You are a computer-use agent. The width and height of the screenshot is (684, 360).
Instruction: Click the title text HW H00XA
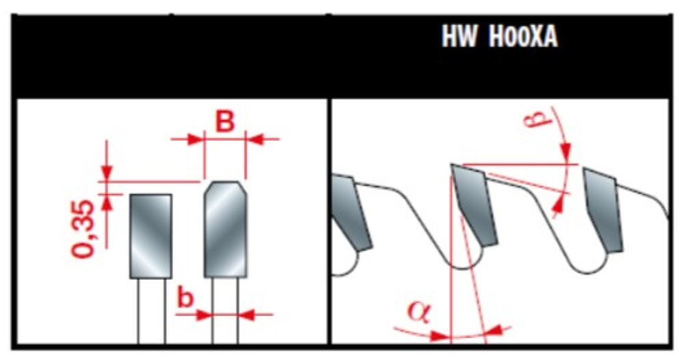[499, 36]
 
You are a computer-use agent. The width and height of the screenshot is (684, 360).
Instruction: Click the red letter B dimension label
[225, 121]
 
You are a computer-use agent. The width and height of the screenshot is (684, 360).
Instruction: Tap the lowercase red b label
[186, 298]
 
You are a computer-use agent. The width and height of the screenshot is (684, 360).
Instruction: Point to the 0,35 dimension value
[83, 229]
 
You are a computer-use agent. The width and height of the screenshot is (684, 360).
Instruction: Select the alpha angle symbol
[419, 313]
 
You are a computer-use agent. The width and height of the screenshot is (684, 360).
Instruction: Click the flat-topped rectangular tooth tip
[150, 236]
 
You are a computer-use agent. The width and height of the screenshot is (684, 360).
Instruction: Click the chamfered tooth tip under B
[226, 229]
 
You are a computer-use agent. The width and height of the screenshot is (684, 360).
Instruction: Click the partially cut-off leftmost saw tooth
[352, 212]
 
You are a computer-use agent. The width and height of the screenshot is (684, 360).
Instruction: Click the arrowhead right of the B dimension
[254, 139]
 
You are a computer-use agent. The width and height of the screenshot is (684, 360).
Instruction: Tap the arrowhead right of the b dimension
[247, 314]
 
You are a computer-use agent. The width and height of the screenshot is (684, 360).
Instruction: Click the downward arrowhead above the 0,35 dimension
[107, 173]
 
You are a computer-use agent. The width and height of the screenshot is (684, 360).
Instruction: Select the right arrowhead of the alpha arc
[494, 331]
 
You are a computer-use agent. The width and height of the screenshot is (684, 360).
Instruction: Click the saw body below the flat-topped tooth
[152, 311]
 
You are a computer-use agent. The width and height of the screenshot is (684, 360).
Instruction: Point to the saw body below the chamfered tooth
[226, 311]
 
